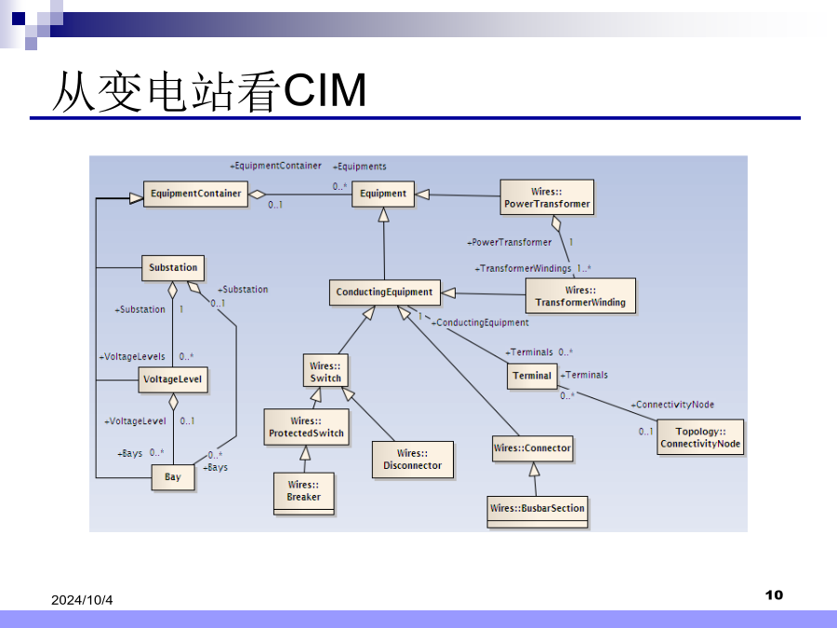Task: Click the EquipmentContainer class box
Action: tap(195, 194)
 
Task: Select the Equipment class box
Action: tap(383, 194)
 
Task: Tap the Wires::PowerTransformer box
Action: tap(547, 197)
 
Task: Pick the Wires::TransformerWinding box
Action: tap(580, 296)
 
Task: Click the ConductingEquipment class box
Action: tap(384, 292)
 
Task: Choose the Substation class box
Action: tap(173, 268)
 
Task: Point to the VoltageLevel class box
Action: tap(173, 380)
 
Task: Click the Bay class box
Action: tap(173, 477)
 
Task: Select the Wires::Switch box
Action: tap(325, 372)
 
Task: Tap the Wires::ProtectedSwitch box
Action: tap(306, 427)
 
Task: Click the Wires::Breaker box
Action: tap(303, 491)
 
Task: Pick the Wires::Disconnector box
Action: tap(412, 460)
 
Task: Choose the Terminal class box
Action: tap(532, 376)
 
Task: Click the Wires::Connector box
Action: tap(532, 448)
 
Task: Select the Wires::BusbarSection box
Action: tap(538, 509)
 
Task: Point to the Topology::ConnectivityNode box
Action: tap(699, 437)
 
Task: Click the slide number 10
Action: tap(774, 595)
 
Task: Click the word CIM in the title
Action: tap(325, 92)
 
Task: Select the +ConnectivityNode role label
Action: tap(672, 405)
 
